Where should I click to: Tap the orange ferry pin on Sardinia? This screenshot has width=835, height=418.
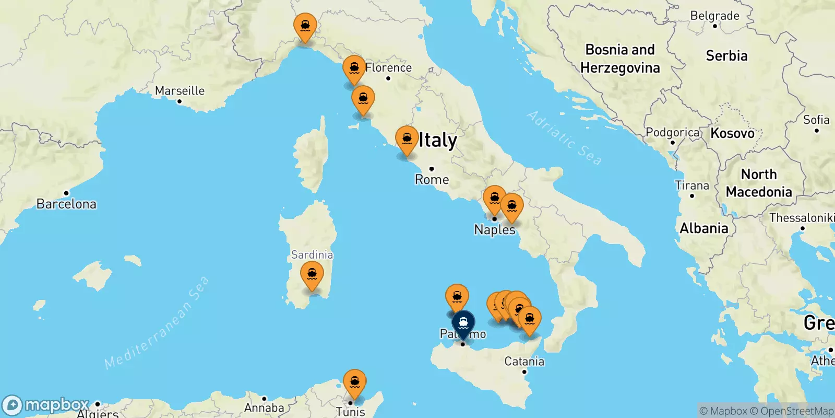pos(312,275)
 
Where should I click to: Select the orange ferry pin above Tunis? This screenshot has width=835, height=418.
pos(354,382)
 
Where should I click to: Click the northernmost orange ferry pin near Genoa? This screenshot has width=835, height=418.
pos(305,26)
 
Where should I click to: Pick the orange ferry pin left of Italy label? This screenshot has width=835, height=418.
pos(407,140)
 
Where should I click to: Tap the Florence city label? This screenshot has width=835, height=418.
pos(388,68)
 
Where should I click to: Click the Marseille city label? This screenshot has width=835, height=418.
pos(180,91)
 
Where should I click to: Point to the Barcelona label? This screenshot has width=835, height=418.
pos(66,204)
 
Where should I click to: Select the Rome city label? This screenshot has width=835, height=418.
pos(432,180)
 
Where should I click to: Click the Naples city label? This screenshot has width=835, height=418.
pos(494,230)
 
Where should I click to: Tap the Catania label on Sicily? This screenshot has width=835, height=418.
pos(524,362)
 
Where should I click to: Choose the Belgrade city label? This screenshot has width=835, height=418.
pos(714,16)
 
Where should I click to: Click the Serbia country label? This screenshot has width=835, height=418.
pos(726,56)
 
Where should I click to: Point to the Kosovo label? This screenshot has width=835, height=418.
pos(732,133)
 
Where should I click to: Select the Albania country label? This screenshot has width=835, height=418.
pos(703,228)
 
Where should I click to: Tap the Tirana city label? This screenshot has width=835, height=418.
pos(692,186)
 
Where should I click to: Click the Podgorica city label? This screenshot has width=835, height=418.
pos(672,133)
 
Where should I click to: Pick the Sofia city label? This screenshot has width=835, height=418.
pos(816,120)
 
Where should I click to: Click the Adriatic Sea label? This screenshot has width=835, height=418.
pos(564,138)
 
